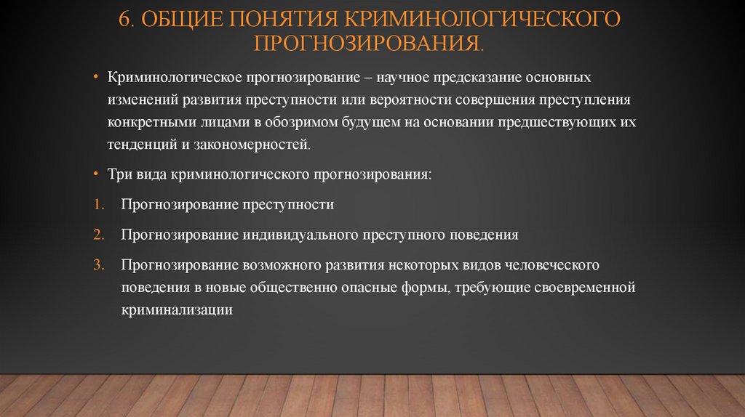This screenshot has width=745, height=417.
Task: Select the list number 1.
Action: tap(97, 205)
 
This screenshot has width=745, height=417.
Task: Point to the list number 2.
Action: tap(97, 235)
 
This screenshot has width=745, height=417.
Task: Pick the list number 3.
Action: tap(97, 266)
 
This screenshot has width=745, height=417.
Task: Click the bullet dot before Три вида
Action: tap(96, 175)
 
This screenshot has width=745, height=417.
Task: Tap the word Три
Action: tap(120, 175)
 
